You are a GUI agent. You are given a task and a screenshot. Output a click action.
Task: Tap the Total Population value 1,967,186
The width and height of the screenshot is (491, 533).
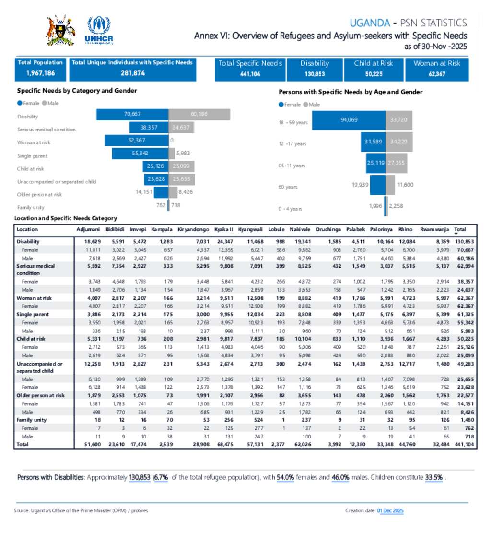click(x=41, y=73)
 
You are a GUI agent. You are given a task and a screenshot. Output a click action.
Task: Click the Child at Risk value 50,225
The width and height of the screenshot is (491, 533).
click(x=373, y=74)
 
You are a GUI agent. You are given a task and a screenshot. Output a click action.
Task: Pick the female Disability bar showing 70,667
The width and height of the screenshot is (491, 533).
click(x=132, y=115)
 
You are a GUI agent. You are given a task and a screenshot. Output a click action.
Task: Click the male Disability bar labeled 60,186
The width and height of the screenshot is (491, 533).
click(x=199, y=115)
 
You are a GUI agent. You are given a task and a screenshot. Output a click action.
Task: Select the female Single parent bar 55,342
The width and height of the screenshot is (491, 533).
click(x=140, y=154)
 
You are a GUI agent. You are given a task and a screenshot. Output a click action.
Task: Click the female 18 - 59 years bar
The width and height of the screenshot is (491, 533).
click(x=349, y=120)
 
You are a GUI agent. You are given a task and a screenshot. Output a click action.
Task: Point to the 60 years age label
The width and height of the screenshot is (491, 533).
click(x=288, y=187)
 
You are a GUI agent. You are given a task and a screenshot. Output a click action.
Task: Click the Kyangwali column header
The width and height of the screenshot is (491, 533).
click(x=249, y=230)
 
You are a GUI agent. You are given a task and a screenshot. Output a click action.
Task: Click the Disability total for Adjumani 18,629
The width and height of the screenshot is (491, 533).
click(x=86, y=242)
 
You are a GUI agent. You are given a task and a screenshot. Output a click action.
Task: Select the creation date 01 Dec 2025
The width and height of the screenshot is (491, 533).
click(x=390, y=511)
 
